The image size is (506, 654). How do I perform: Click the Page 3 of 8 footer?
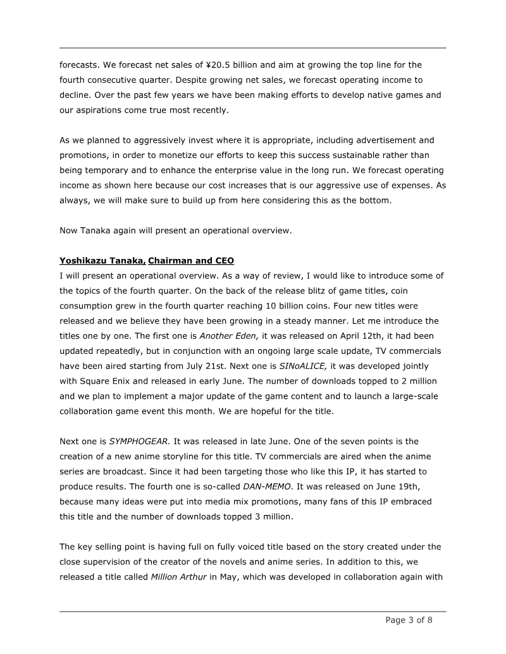point(409,620)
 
